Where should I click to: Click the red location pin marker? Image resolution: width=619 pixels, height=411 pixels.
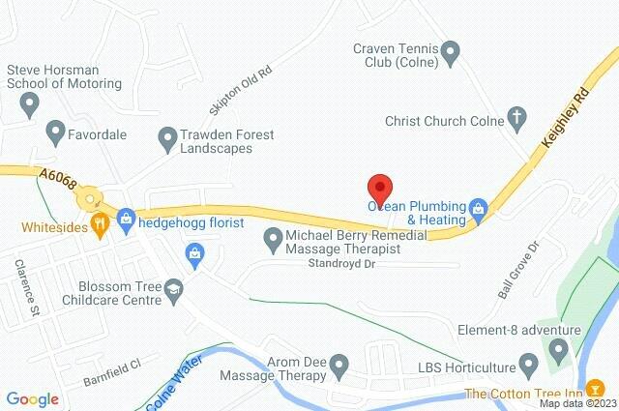pyautogui.click(x=380, y=187)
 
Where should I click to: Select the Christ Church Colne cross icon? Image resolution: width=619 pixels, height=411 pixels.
pyautogui.click(x=516, y=121)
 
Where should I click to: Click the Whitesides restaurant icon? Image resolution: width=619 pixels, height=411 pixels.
pyautogui.click(x=99, y=225)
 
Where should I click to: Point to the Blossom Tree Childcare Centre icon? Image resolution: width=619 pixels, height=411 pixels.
pyautogui.click(x=173, y=287)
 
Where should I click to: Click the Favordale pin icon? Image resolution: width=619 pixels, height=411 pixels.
pyautogui.click(x=55, y=128)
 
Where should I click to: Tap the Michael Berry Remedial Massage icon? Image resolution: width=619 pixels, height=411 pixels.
pyautogui.click(x=273, y=237)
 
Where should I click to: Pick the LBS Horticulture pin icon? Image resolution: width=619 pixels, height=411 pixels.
pyautogui.click(x=528, y=366)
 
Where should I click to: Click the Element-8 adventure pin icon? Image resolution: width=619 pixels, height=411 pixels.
pyautogui.click(x=558, y=353)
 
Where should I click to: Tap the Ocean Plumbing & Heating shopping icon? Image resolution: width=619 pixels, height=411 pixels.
pyautogui.click(x=477, y=207)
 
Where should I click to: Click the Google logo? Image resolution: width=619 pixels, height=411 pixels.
pyautogui.click(x=32, y=398)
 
